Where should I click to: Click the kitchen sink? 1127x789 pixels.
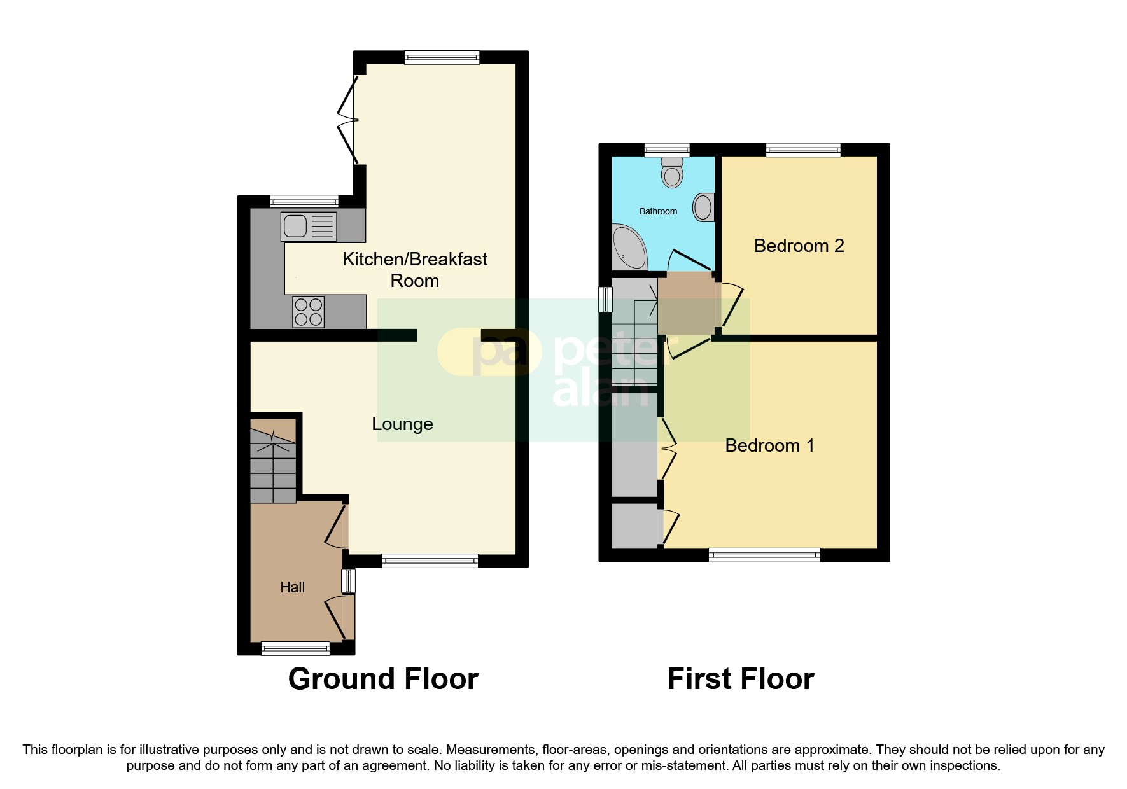click(x=309, y=226)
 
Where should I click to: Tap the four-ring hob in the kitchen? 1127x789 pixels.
click(x=308, y=312)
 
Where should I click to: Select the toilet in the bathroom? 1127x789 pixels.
click(x=672, y=172)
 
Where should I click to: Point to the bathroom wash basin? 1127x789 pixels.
click(x=703, y=207)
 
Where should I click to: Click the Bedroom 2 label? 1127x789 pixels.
click(x=799, y=246)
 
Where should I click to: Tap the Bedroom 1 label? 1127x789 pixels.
click(x=769, y=445)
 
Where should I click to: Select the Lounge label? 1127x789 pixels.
click(x=402, y=424)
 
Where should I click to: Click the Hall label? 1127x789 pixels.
click(x=293, y=587)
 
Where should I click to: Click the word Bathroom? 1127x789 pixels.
click(x=658, y=211)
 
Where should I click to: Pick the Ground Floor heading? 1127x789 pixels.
click(x=383, y=679)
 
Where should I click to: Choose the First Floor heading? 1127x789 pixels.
click(x=740, y=679)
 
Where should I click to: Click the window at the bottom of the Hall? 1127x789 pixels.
click(x=295, y=648)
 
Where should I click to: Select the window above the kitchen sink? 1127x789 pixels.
click(x=304, y=201)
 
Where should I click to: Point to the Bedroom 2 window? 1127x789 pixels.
click(x=803, y=150)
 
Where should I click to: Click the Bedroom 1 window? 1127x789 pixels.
click(x=764, y=555)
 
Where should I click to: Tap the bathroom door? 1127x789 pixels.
click(x=690, y=260)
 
